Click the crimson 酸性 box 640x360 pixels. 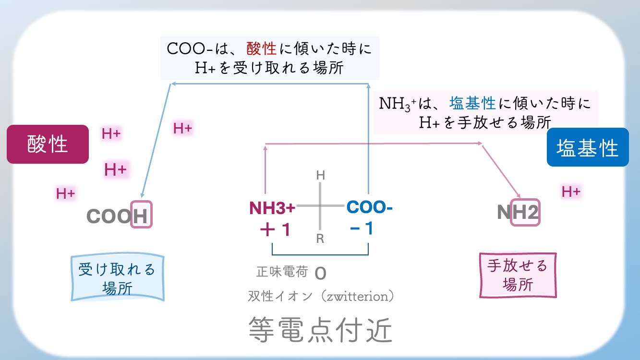pos(48,144)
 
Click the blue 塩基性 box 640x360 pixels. pos(588,147)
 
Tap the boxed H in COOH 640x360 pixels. pos(141,215)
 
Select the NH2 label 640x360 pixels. pos(518,212)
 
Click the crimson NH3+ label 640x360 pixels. pos(272,208)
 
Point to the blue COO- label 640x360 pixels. pos(369,207)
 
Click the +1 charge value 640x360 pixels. pos(275,230)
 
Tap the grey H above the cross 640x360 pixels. pos(320,176)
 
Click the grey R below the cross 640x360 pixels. pos(320,239)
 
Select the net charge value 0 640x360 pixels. pos(320,274)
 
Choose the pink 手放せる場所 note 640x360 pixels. pos(518,275)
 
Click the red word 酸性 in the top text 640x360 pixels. pos(262,49)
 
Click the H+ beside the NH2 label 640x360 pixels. pos(571,192)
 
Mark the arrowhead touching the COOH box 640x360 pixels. pos(142,197)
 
